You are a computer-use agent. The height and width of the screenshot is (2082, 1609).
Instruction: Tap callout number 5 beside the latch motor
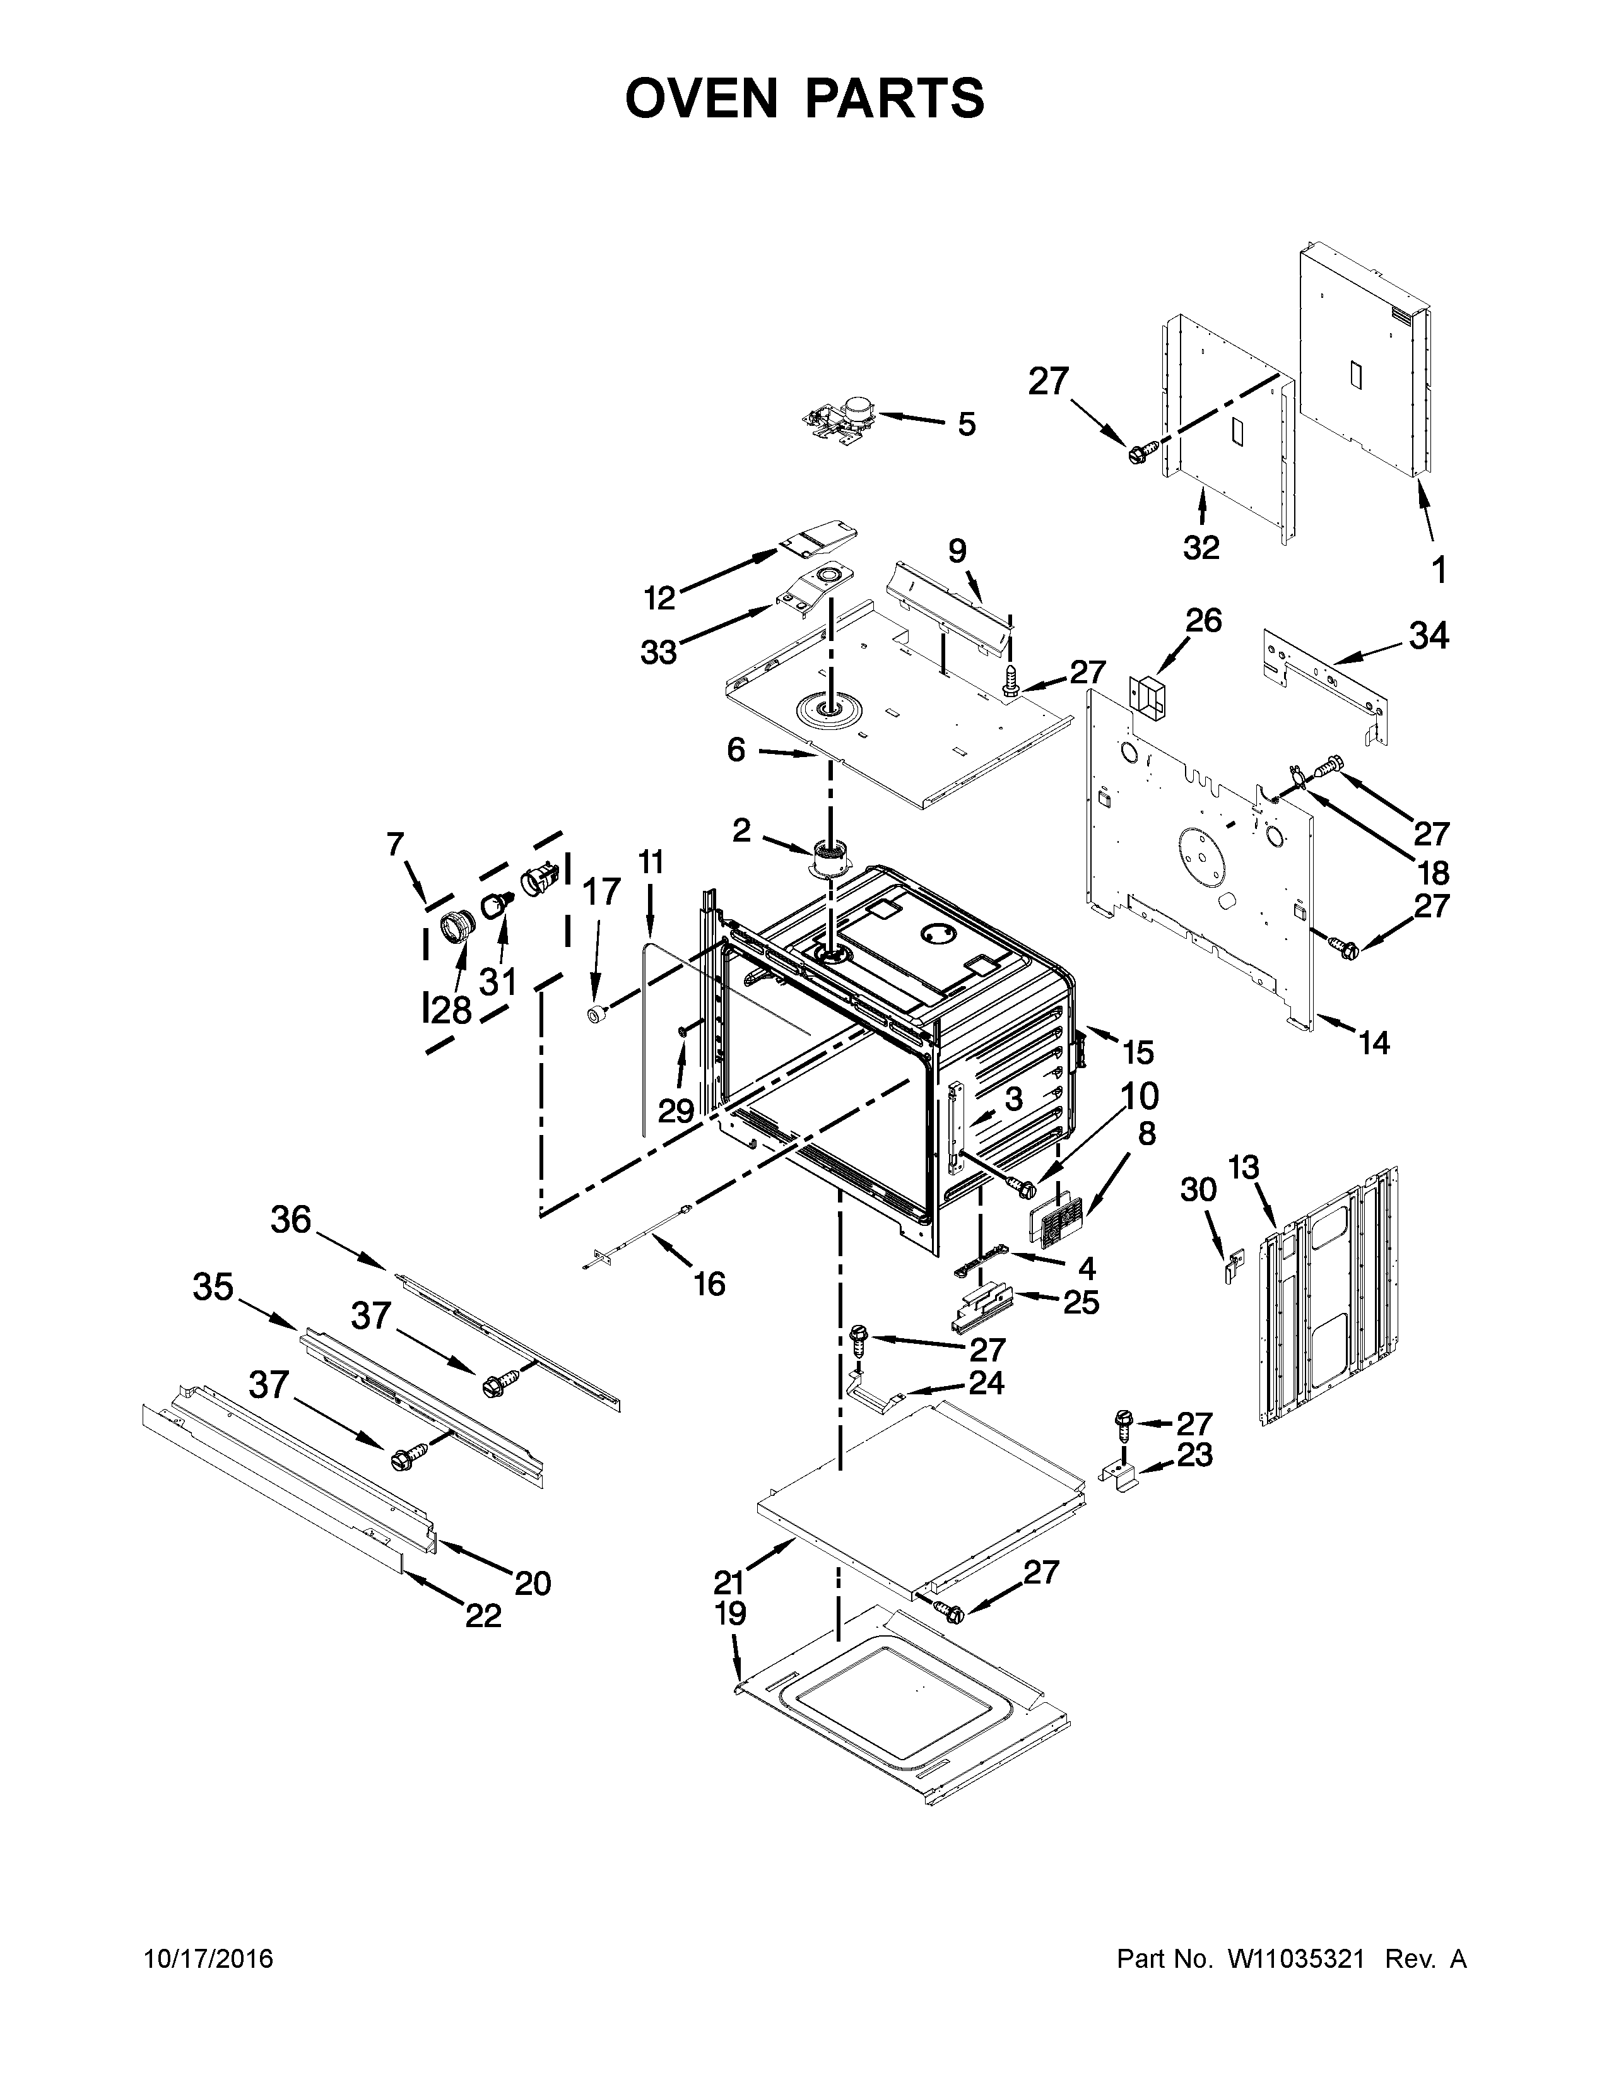(967, 424)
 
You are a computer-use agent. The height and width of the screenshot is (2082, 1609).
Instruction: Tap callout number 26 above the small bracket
(1203, 621)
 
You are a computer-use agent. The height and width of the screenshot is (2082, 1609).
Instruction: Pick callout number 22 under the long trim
(483, 1615)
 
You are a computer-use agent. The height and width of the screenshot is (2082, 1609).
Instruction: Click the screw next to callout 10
(1021, 1187)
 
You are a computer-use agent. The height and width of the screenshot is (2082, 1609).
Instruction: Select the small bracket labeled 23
(1125, 1476)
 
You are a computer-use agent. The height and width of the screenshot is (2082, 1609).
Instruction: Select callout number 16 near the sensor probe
(709, 1283)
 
